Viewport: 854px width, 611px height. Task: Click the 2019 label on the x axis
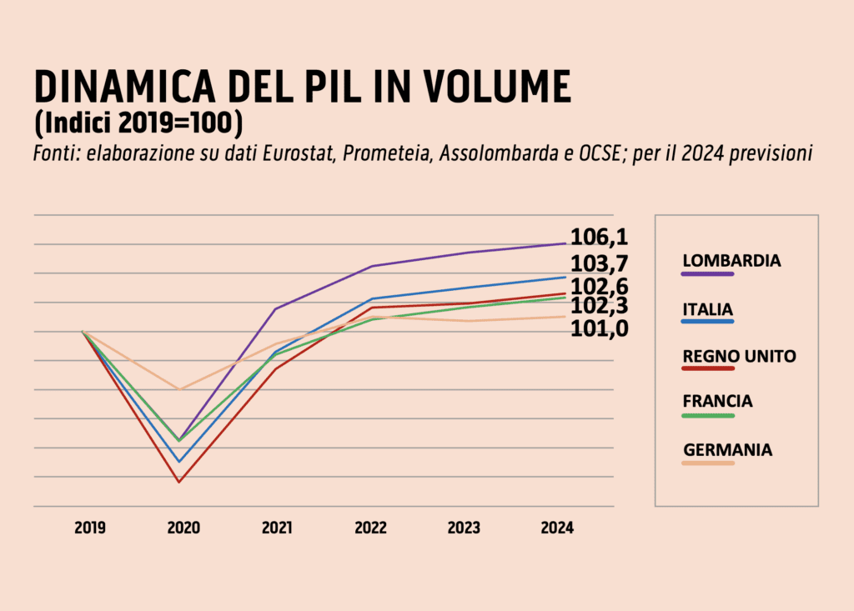(89, 528)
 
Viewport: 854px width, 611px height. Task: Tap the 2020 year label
(183, 528)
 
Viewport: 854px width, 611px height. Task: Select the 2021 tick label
(276, 528)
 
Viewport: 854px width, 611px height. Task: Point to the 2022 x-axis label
(370, 528)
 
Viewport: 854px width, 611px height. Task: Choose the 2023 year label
(464, 528)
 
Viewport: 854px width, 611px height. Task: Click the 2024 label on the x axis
(557, 528)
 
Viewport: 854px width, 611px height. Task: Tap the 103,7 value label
(599, 264)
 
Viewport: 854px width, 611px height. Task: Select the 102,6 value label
(599, 288)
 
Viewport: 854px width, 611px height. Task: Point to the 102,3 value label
(599, 308)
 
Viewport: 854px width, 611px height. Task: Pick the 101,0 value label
(599, 329)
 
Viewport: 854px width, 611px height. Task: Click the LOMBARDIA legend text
(731, 260)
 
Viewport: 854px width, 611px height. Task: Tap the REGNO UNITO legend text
(739, 356)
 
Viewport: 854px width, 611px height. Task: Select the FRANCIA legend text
(717, 401)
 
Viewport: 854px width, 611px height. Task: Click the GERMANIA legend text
(727, 450)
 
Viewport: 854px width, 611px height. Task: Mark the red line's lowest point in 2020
(178, 482)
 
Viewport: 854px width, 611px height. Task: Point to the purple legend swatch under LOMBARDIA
(707, 273)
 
